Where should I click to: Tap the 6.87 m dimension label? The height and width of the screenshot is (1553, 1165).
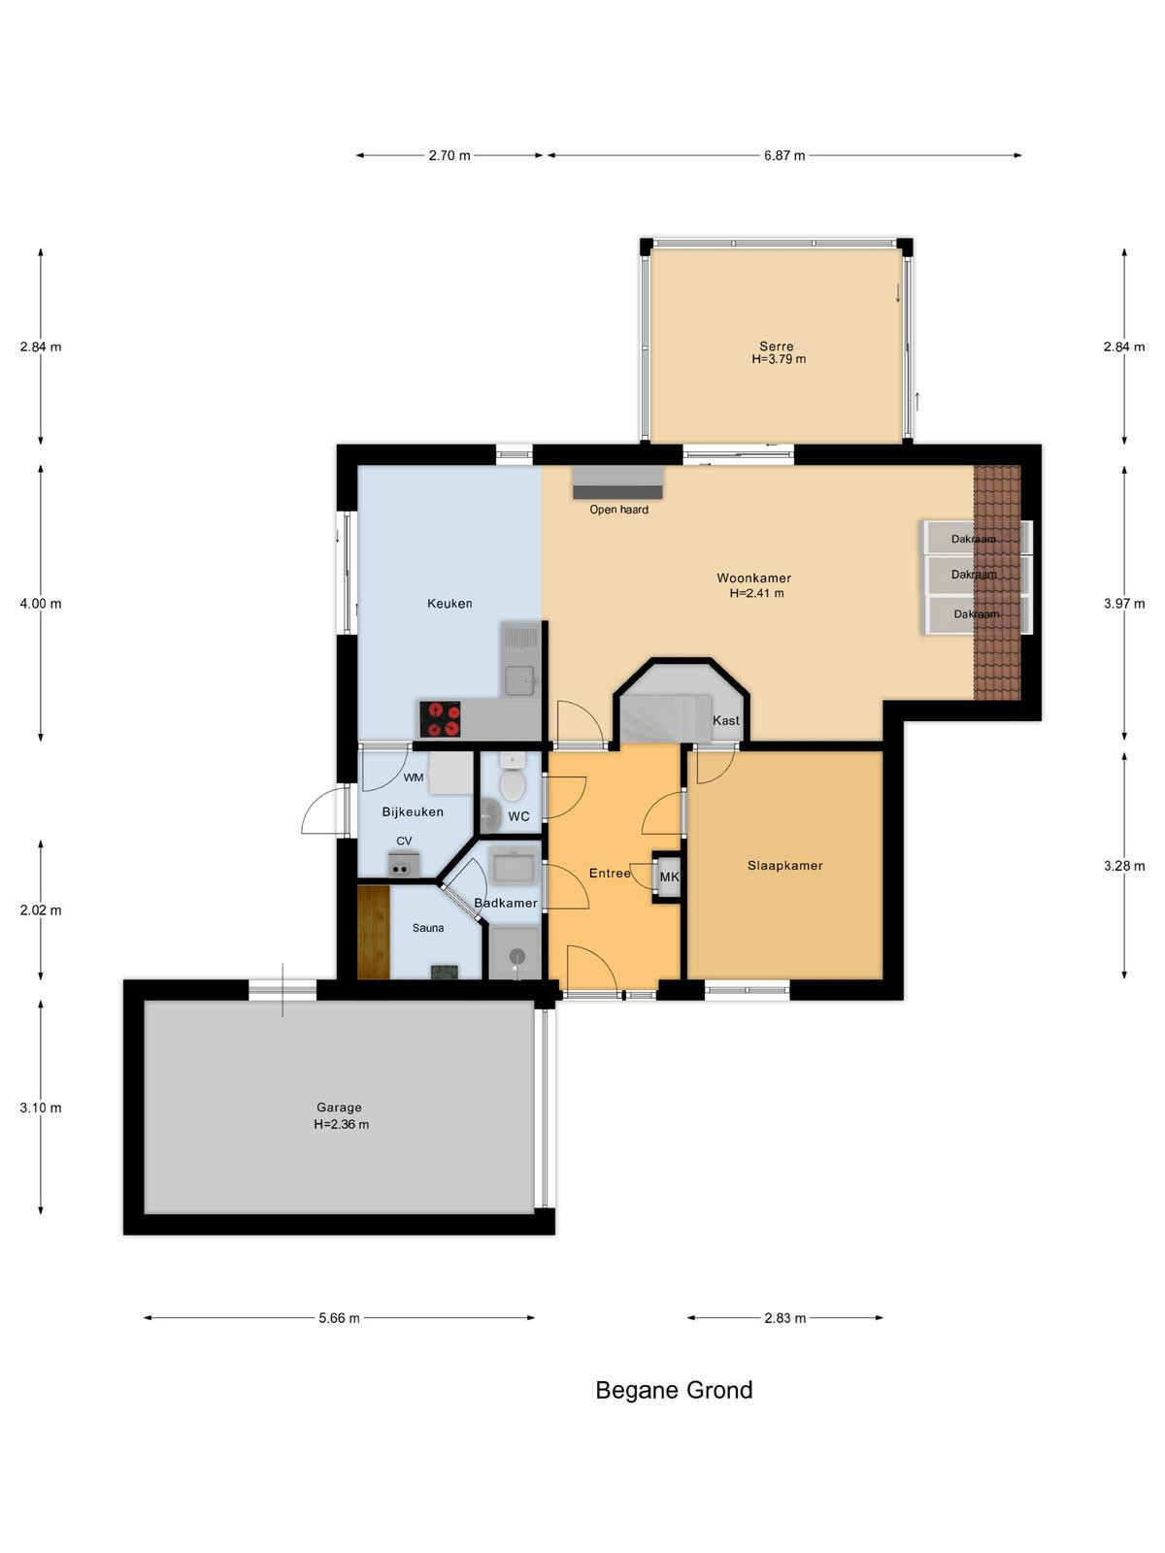point(783,155)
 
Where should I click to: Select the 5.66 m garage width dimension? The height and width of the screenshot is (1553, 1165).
point(339,1318)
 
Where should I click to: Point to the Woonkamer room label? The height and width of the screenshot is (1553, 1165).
point(753,578)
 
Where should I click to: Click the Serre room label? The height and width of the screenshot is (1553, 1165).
point(776,346)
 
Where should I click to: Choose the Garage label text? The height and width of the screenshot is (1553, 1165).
point(339,1108)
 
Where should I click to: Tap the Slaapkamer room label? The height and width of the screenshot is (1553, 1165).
point(785,865)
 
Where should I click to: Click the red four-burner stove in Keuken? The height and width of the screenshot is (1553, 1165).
point(439,719)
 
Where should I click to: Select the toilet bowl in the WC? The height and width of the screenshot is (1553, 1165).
point(512,784)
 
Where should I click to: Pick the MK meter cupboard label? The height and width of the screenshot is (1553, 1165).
point(669,877)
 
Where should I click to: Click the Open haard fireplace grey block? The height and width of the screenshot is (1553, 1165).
point(617,482)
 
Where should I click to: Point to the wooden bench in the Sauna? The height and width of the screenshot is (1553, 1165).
point(374,932)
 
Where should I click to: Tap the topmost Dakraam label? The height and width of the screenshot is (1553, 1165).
point(974,539)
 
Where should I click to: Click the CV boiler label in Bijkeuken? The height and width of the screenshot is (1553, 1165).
point(404,842)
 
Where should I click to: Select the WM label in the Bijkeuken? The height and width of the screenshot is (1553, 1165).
point(414,777)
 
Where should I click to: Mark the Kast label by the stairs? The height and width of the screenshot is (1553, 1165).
point(726,720)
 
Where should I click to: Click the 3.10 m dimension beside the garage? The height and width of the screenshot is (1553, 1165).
point(41,1108)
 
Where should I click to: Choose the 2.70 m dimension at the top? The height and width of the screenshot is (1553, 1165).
point(449,155)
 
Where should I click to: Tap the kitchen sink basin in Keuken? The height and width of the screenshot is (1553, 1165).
point(519,680)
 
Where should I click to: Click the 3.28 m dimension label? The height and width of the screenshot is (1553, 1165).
point(1124,866)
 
